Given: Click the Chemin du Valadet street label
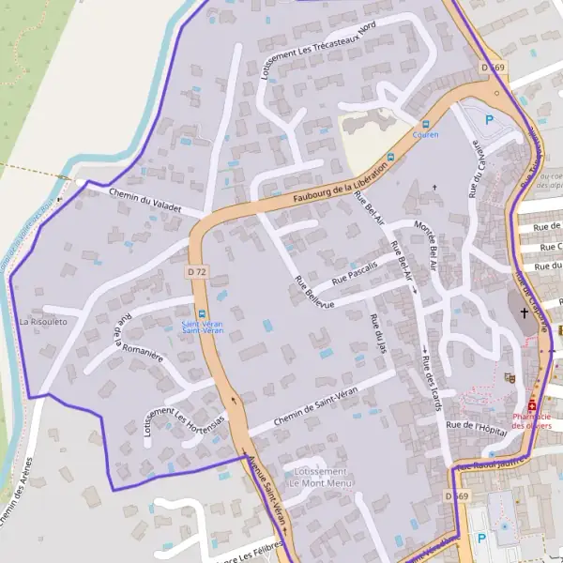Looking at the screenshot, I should point(145,199).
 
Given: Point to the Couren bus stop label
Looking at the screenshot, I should point(425,135).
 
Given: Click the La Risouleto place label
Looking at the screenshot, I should point(43,322).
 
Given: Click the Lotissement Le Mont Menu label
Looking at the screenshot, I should point(320,477).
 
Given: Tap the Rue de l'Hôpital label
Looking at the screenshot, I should point(477,426).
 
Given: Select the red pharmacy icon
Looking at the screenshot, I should point(532,405).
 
